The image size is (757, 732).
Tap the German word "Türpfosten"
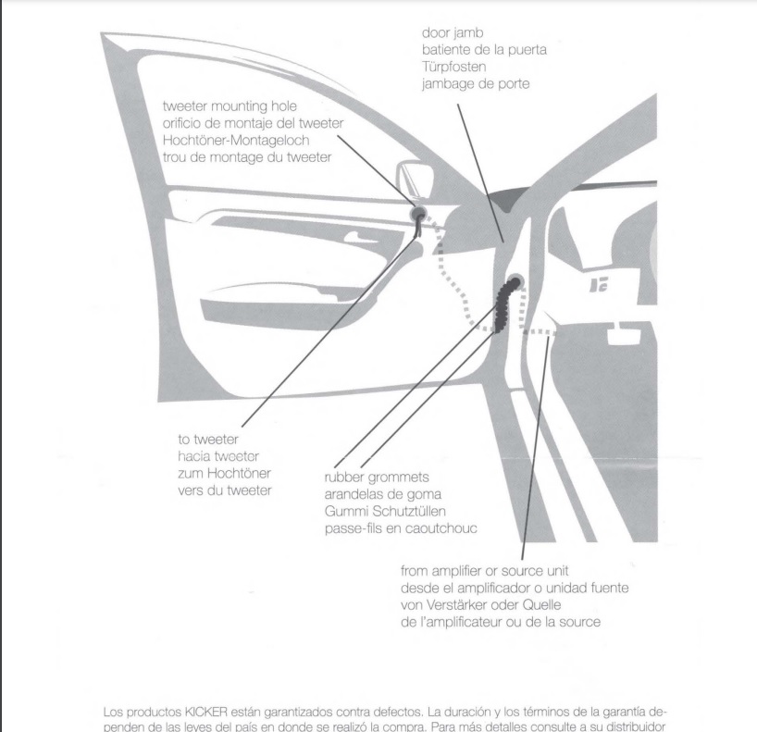click(x=453, y=67)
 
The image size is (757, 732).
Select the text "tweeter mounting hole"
click(x=230, y=106)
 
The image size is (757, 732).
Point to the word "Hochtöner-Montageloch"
click(x=236, y=141)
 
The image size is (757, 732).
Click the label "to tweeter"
click(x=208, y=440)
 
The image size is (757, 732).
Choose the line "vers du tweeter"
click(x=225, y=490)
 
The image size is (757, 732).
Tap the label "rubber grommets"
click(x=377, y=478)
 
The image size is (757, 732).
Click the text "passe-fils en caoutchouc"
click(x=401, y=528)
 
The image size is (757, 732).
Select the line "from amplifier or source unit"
click(x=485, y=571)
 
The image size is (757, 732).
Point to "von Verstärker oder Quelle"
click(x=481, y=605)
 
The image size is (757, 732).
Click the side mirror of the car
click(x=416, y=179)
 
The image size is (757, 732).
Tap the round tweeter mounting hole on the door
click(x=418, y=213)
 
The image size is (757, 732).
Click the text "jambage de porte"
click(x=476, y=84)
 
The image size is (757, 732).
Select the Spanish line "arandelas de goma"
click(x=383, y=494)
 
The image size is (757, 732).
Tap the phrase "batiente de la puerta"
click(x=484, y=50)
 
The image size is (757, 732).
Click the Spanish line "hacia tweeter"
click(x=218, y=456)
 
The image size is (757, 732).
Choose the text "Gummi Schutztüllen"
click(x=385, y=512)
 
